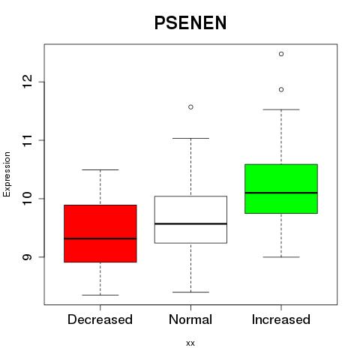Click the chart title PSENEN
[x=190, y=22]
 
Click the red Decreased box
[x=100, y=233]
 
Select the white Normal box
[x=190, y=220]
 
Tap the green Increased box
[x=281, y=189]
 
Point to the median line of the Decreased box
[x=100, y=238]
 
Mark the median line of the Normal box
[x=190, y=223]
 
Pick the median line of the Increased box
[x=281, y=193]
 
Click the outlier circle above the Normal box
[x=190, y=107]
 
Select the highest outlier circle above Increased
[x=281, y=54]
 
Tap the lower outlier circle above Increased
[x=281, y=89]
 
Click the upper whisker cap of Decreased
[x=100, y=169]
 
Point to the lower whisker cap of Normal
[x=190, y=292]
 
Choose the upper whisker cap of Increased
[x=281, y=109]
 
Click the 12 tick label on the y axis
[x=28, y=82]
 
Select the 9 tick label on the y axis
[x=28, y=257]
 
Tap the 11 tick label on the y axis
[x=28, y=140]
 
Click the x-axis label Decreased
[x=100, y=319]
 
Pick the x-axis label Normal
[x=190, y=319]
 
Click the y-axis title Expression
[x=7, y=174]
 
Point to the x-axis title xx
[x=190, y=343]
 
